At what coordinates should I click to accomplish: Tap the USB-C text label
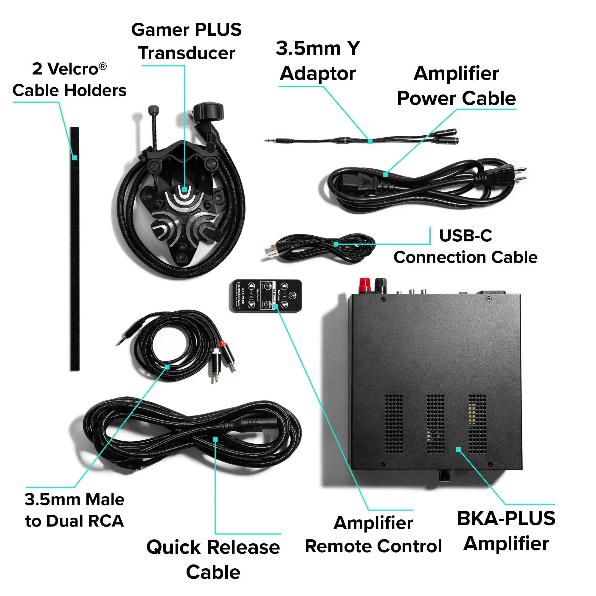click(465, 236)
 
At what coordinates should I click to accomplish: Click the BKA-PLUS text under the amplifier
click(506, 518)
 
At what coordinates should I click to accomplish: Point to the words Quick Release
click(213, 547)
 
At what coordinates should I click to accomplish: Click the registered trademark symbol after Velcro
click(103, 66)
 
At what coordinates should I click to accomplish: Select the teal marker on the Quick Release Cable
click(215, 439)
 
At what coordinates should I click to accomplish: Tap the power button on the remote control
click(292, 296)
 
